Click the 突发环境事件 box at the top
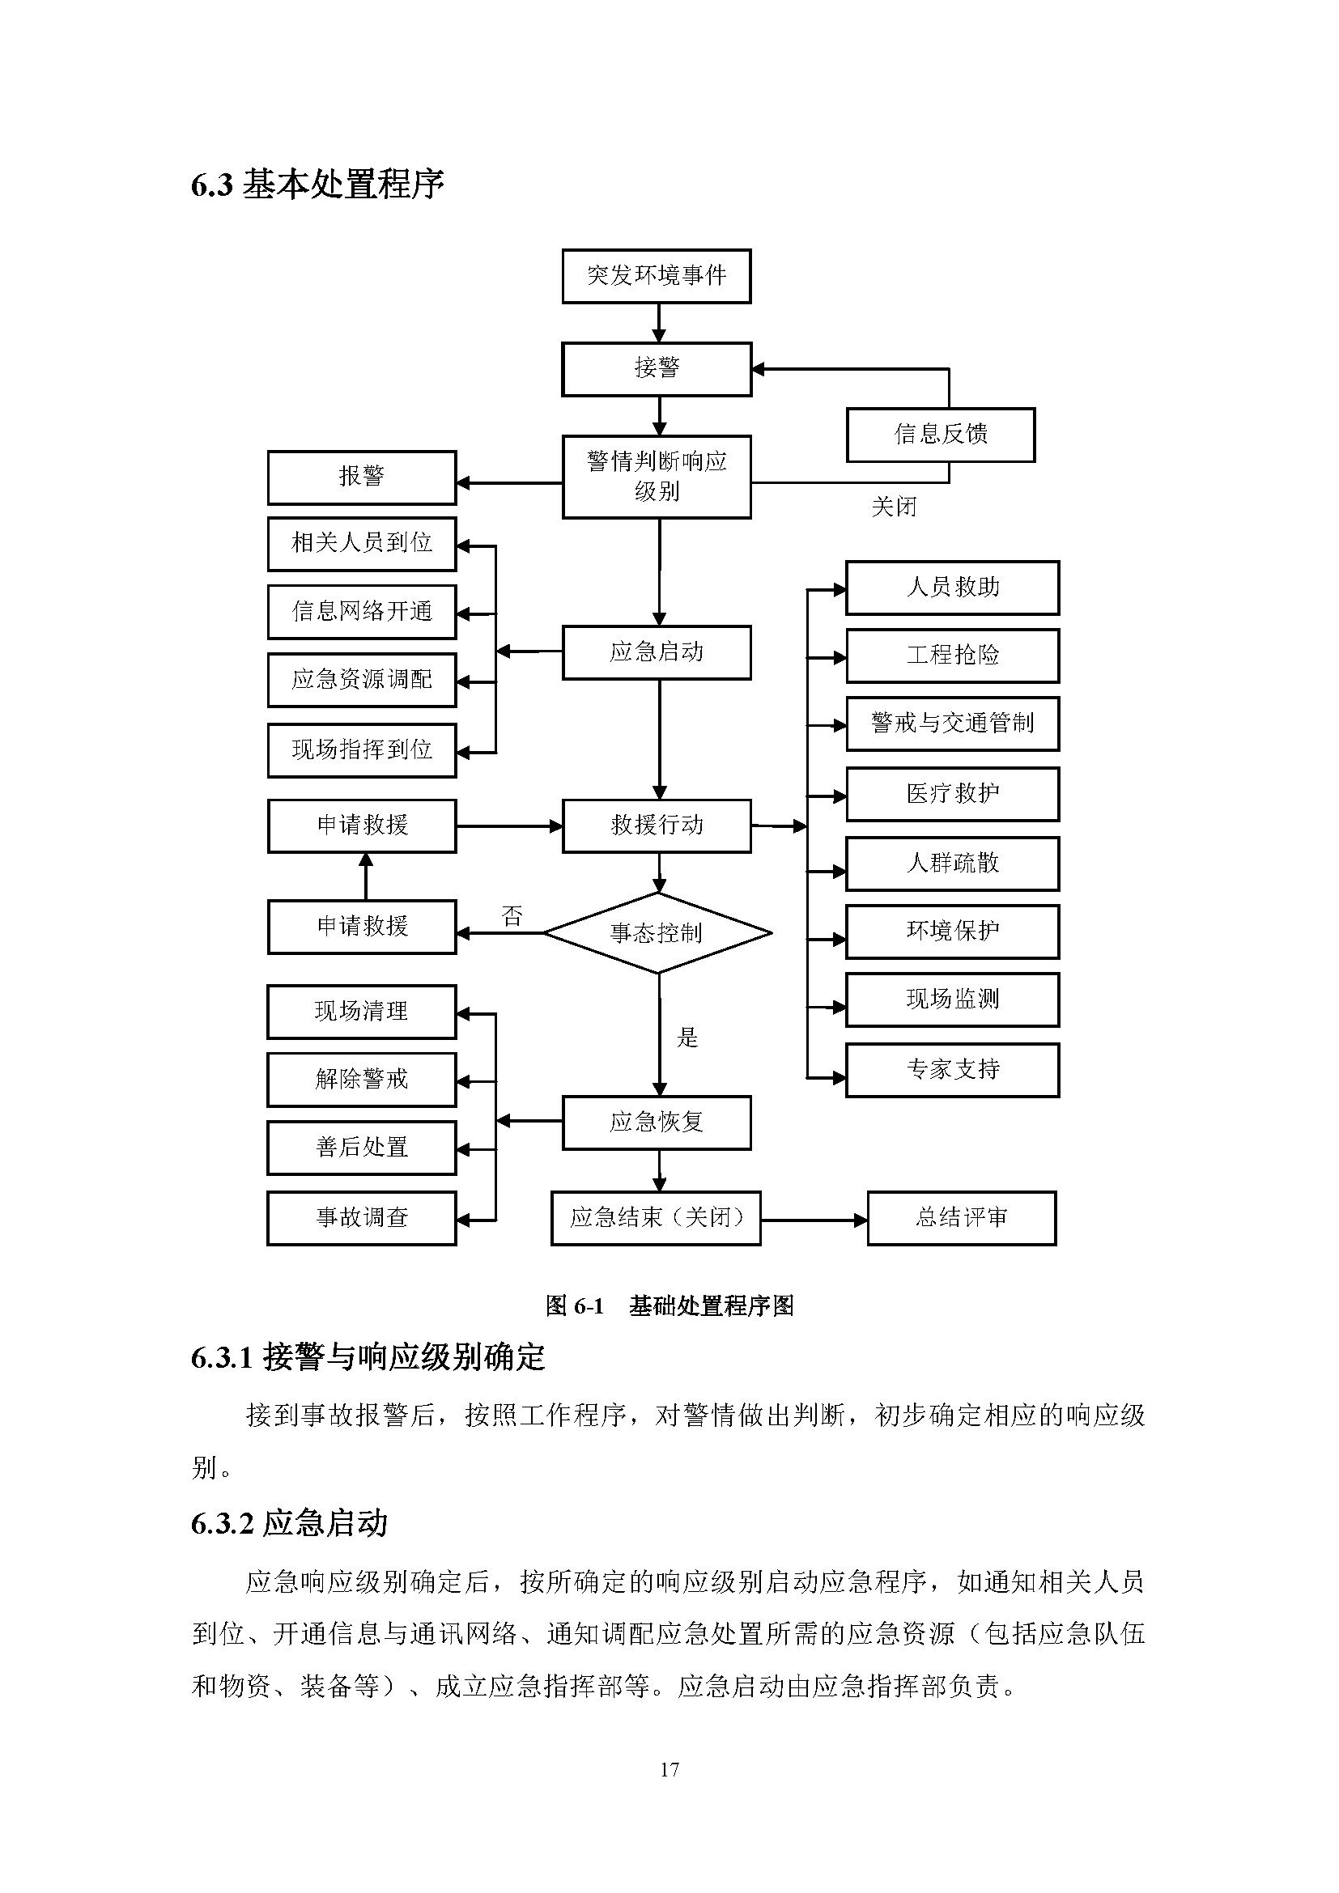[x=657, y=276]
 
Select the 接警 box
[x=657, y=368]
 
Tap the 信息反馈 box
[x=940, y=435]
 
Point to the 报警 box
[x=361, y=477]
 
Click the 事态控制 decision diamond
[x=657, y=932]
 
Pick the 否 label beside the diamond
[x=512, y=915]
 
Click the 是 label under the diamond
[x=687, y=1038]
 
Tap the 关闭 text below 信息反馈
[x=894, y=506]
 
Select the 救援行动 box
[x=657, y=826]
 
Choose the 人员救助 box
[x=952, y=588]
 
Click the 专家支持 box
[x=952, y=1069]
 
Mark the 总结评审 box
[x=962, y=1218]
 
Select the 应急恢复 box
[x=657, y=1122]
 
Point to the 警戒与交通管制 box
[x=952, y=724]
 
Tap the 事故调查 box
[x=361, y=1218]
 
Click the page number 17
[x=669, y=1769]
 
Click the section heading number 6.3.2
[x=222, y=1524]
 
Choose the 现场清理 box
[x=361, y=1012]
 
